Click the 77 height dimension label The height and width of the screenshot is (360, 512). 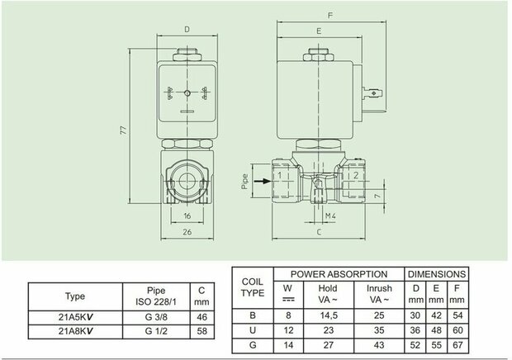pyautogui.click(x=123, y=130)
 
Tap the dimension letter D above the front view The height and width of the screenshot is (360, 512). pyautogui.click(x=187, y=30)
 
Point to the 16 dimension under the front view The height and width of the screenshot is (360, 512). pyautogui.click(x=187, y=216)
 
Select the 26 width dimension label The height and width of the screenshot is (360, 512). pyautogui.click(x=187, y=232)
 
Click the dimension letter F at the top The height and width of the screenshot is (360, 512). pyautogui.click(x=330, y=15)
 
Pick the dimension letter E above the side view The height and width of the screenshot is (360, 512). pyautogui.click(x=319, y=31)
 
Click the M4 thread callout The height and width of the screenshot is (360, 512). pyautogui.click(x=330, y=216)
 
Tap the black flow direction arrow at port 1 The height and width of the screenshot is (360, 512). pyautogui.click(x=263, y=181)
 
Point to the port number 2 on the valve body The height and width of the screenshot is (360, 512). pyautogui.click(x=356, y=175)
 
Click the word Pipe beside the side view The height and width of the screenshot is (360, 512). pyautogui.click(x=245, y=182)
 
